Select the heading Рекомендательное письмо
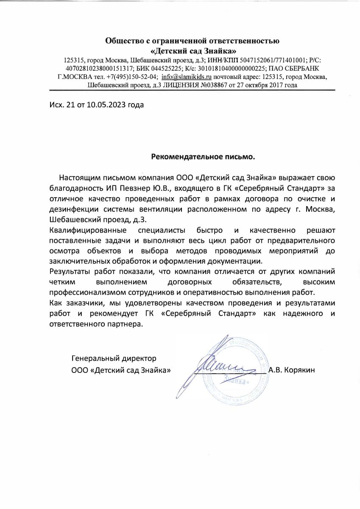(204, 157)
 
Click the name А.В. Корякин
(292, 369)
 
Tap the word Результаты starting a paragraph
(71, 271)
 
